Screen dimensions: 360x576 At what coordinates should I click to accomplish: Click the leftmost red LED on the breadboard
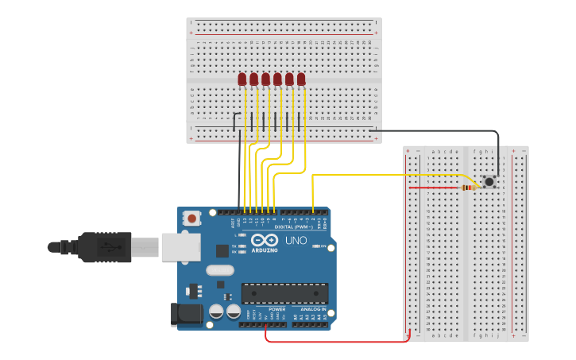(242, 79)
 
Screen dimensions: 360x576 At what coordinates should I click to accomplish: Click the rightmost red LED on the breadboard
(301, 79)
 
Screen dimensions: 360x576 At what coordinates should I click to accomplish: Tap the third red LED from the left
(265, 79)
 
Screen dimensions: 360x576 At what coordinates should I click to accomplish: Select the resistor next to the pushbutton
(469, 188)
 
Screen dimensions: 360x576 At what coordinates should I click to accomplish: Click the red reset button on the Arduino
(191, 218)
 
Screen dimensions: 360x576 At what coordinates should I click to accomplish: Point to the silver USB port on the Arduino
(180, 246)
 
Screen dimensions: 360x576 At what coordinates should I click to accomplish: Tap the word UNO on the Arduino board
(296, 240)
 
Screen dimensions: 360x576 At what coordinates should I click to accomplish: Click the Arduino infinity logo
(265, 240)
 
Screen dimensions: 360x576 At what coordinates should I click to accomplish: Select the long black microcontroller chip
(284, 292)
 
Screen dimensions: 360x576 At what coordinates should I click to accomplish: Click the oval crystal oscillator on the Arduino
(220, 270)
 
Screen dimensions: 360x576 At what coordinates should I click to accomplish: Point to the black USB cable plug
(103, 246)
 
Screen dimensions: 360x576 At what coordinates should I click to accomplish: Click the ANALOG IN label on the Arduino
(313, 309)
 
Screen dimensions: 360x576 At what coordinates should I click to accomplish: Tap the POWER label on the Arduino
(276, 309)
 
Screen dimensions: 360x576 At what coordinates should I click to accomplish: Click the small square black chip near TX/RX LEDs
(222, 250)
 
